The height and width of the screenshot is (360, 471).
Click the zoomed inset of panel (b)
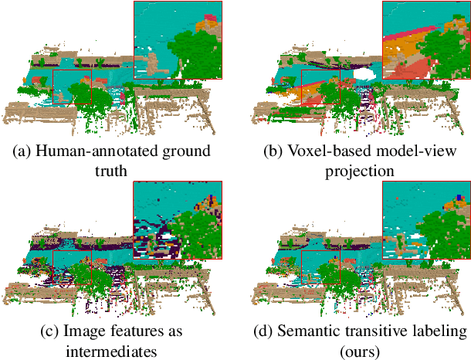point(426,40)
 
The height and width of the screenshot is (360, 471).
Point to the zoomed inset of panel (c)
point(178,220)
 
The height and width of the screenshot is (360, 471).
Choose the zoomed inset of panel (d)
point(426,220)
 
